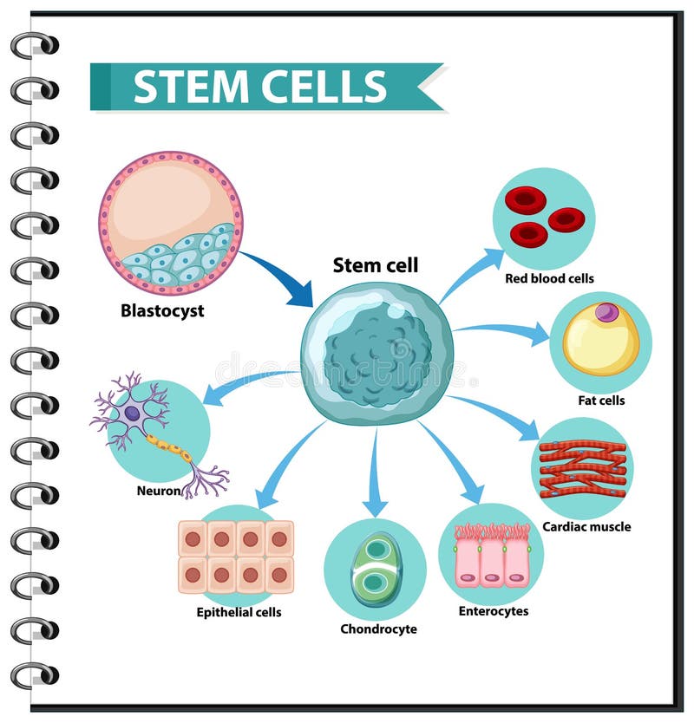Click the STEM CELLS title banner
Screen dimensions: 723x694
(260, 87)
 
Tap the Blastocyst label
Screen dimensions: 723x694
(162, 310)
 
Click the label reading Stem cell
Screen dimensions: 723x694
(376, 265)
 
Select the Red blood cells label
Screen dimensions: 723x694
(549, 279)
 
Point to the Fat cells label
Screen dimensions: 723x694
(601, 401)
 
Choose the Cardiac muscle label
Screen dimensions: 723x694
(586, 526)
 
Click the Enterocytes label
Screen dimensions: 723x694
(493, 611)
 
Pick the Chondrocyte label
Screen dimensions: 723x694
(378, 629)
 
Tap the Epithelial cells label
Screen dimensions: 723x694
(239, 612)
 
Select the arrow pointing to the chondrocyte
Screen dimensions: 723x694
(375, 472)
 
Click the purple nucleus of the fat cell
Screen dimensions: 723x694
(607, 312)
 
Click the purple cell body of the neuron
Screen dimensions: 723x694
(132, 414)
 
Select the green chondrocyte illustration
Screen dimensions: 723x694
(376, 570)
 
